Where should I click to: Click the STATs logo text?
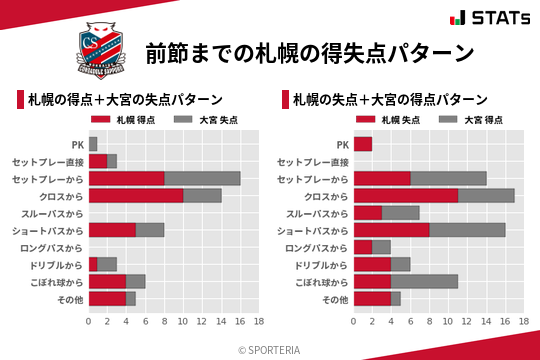[x=504, y=18]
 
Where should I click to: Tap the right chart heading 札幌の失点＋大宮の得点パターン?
[x=390, y=100]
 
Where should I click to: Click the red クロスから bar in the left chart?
[x=136, y=195]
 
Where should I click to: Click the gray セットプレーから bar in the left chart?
[x=202, y=178]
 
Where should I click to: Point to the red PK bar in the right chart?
[x=363, y=144]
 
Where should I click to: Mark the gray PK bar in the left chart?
[x=93, y=144]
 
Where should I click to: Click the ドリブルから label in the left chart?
[x=56, y=264]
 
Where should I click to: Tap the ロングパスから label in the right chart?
[x=317, y=247]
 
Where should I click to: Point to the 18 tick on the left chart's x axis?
[x=258, y=322]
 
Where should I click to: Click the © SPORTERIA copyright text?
[x=270, y=349]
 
